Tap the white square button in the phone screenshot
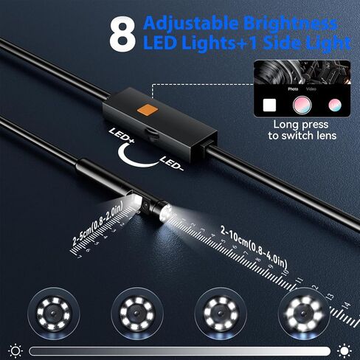(x=269, y=105)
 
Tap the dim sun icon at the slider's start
(x=15, y=350)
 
